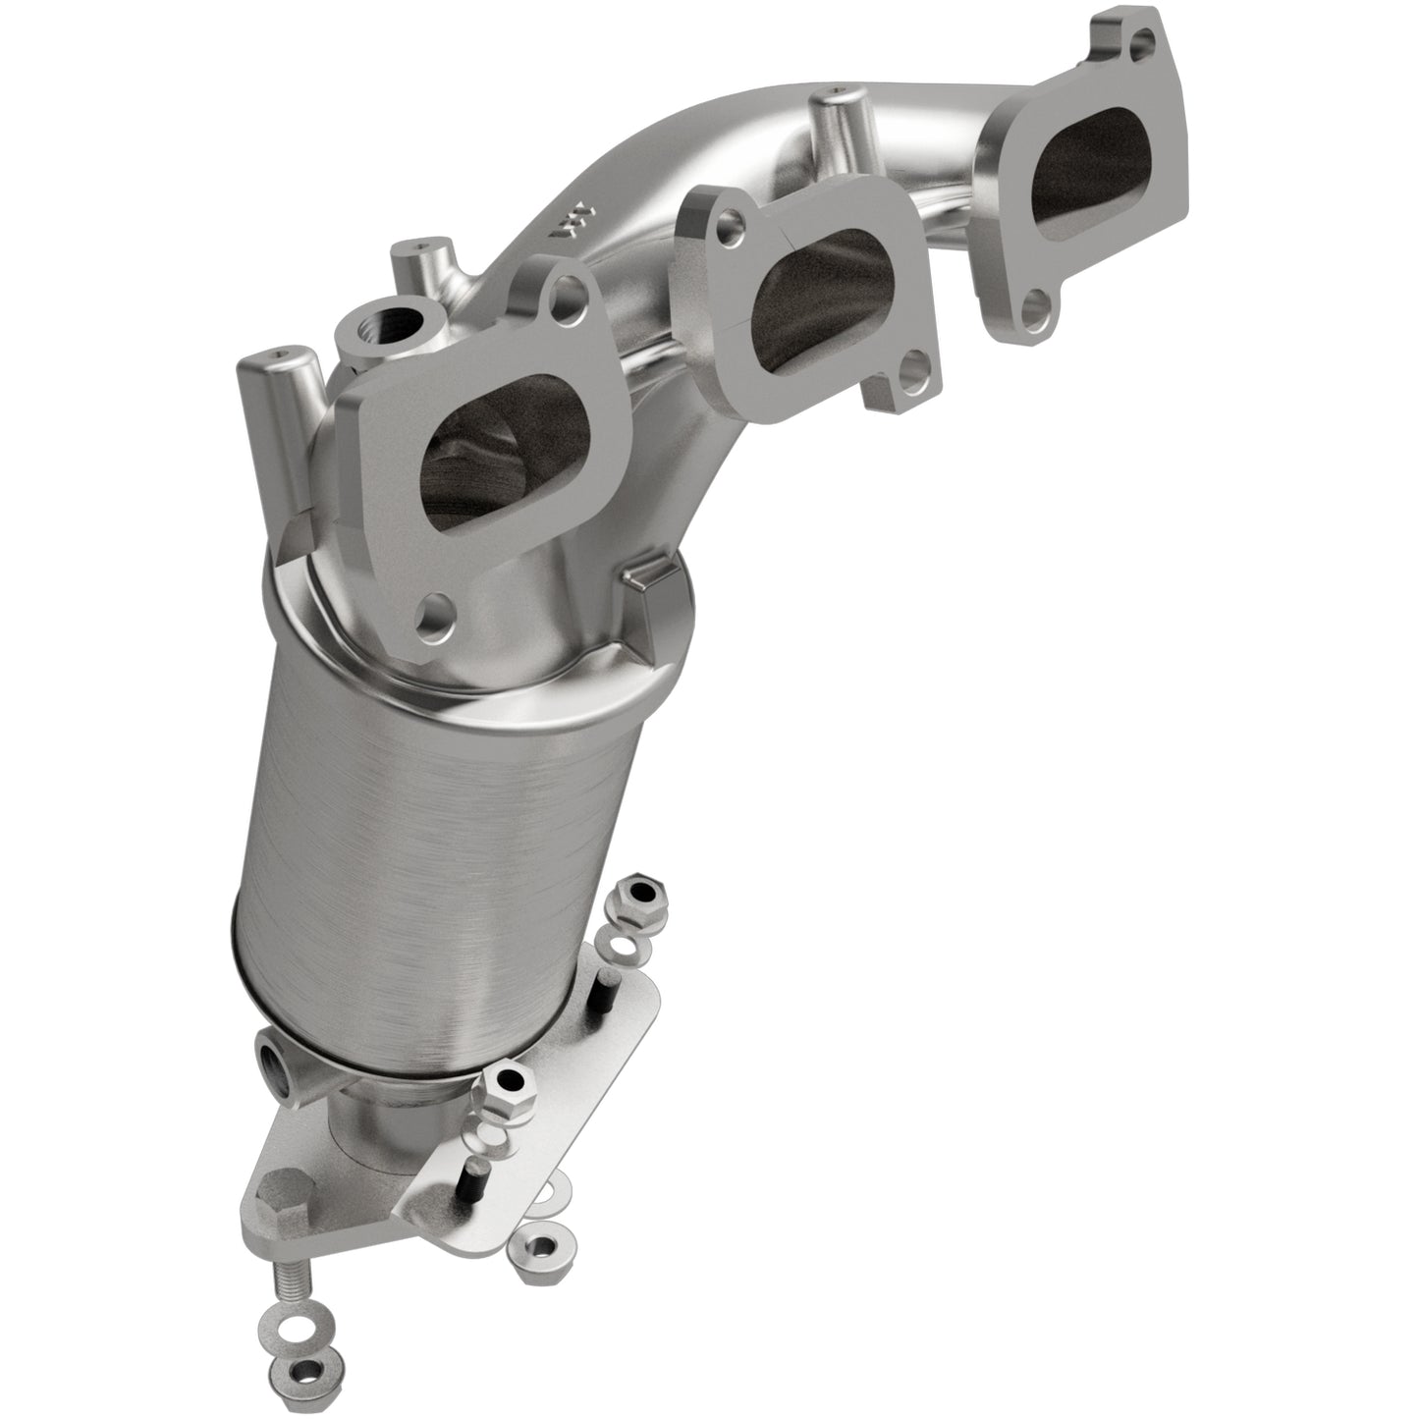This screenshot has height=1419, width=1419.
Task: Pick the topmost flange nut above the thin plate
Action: pos(641,892)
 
